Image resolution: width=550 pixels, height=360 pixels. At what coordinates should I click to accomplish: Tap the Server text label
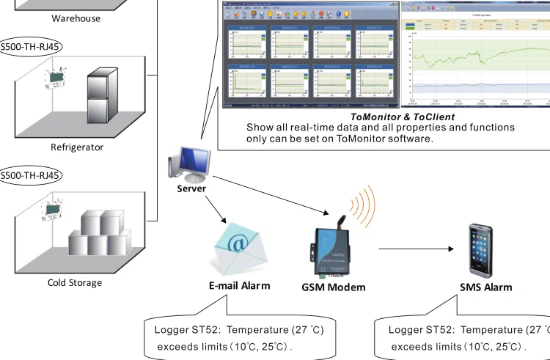pyautogui.click(x=192, y=188)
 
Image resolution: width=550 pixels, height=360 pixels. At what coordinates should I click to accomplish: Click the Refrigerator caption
pyautogui.click(x=77, y=147)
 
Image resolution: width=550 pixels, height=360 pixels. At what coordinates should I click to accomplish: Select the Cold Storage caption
pyautogui.click(x=75, y=282)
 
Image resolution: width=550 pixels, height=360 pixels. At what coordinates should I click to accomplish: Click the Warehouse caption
pyautogui.click(x=76, y=18)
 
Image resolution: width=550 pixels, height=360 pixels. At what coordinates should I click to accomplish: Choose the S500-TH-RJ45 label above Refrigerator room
pyautogui.click(x=32, y=45)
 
